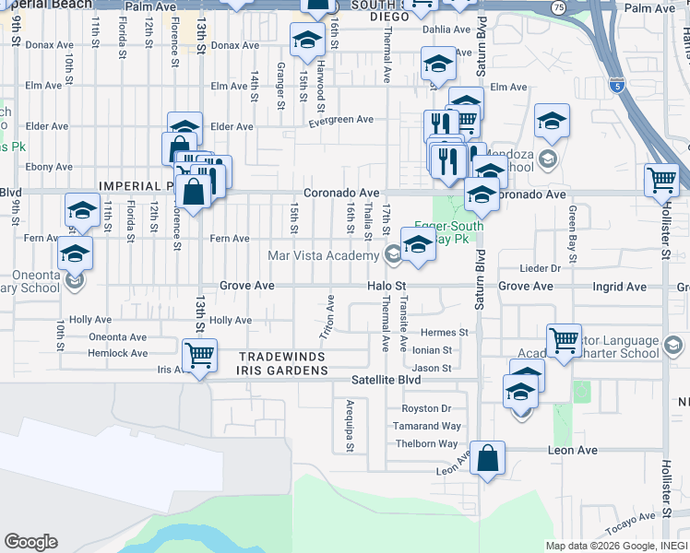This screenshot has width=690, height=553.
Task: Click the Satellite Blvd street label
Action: tap(386, 379)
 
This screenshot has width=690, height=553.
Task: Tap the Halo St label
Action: tap(387, 287)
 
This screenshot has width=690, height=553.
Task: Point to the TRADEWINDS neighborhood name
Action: tap(280, 357)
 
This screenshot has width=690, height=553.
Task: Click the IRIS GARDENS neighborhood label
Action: tap(283, 370)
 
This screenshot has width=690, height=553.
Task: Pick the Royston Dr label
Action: tap(426, 408)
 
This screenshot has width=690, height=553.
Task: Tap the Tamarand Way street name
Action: tap(425, 426)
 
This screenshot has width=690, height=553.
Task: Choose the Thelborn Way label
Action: tap(427, 443)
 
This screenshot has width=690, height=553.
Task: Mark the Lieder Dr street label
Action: tap(541, 268)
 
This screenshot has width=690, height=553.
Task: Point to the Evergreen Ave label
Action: tap(340, 120)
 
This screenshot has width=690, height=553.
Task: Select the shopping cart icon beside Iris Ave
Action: tap(199, 354)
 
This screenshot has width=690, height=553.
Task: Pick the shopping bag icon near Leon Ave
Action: tap(487, 455)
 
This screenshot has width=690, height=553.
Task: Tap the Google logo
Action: tap(30, 542)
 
